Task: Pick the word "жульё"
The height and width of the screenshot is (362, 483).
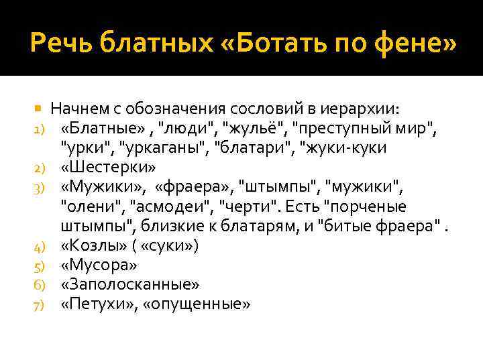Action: [x=259, y=127]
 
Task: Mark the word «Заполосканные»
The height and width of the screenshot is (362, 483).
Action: [x=129, y=284]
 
